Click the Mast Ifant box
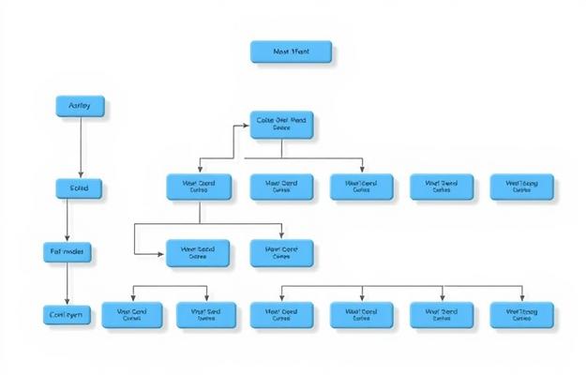[292, 52]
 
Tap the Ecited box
[80, 188]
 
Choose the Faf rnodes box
[69, 251]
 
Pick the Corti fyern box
[67, 315]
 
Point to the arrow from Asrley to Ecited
[81, 147]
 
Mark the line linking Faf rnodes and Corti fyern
[67, 283]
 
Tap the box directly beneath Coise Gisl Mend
[282, 187]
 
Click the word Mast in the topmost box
[279, 52]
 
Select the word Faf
[55, 251]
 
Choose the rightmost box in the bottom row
[521, 314]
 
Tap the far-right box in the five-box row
[521, 187]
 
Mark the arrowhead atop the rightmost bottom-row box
[521, 299]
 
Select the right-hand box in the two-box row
[282, 252]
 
